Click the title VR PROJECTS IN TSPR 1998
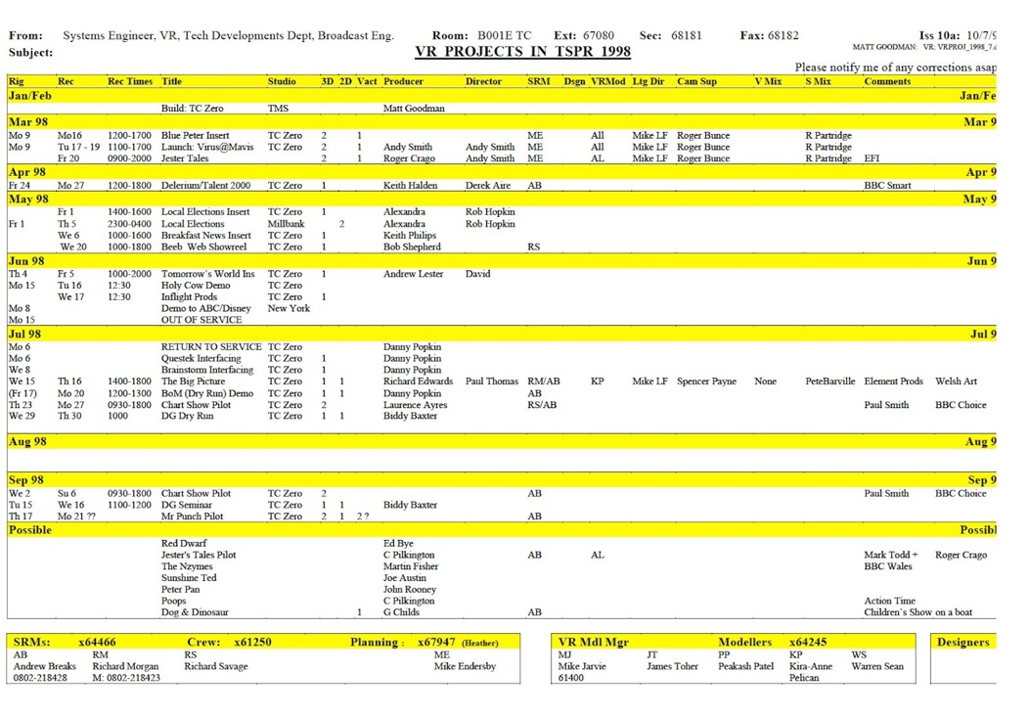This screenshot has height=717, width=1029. [x=522, y=52]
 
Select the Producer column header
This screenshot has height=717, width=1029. [x=403, y=82]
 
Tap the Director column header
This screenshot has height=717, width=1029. [x=483, y=82]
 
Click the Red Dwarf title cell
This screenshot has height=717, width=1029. [x=184, y=543]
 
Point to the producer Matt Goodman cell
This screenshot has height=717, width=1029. [x=414, y=109]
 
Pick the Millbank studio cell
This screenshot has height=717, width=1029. [x=287, y=224]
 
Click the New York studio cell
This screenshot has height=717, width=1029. [x=289, y=308]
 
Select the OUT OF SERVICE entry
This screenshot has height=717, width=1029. [x=201, y=320]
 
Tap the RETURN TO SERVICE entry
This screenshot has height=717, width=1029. [x=211, y=346]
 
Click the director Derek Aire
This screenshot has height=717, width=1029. [x=488, y=185]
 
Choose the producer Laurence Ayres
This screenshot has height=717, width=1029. [x=415, y=404]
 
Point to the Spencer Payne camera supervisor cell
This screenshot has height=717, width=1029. [x=706, y=381]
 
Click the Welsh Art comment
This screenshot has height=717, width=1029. [x=956, y=381]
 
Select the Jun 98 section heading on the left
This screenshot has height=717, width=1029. [x=26, y=261]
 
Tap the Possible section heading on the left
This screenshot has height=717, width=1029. [x=30, y=529]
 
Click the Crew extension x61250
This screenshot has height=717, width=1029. [x=252, y=643]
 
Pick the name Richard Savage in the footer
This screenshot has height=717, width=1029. [x=215, y=666]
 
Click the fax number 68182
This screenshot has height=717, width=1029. [x=783, y=35]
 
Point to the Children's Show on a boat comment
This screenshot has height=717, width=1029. [x=917, y=612]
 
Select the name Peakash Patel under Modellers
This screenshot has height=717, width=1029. [x=745, y=666]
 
